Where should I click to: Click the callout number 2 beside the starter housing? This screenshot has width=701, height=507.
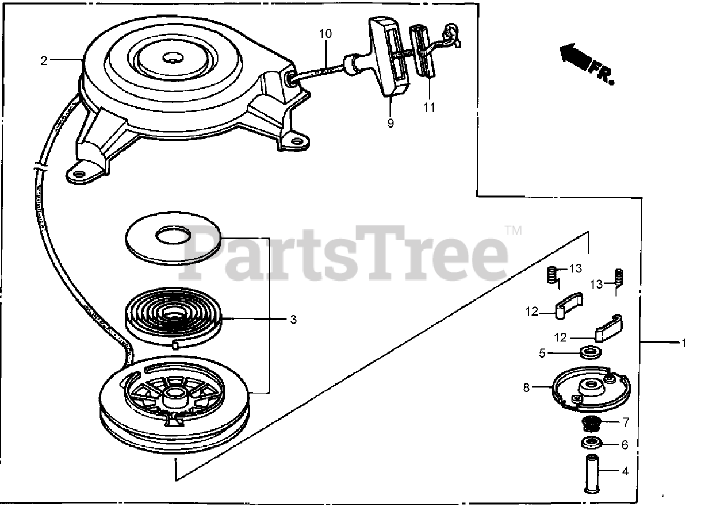44,61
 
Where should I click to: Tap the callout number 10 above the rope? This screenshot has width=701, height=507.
325,34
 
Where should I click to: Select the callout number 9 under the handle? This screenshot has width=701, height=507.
390,123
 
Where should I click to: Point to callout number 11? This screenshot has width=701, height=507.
429,107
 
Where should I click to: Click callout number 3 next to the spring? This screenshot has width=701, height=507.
293,320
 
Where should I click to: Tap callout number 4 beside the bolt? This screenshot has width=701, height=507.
625,472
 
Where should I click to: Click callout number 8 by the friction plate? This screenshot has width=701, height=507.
526,388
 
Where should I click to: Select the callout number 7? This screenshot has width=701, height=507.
625,422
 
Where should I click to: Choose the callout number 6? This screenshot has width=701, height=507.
625,444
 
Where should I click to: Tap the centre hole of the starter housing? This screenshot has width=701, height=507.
172,57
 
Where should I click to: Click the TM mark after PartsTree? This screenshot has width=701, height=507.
514,231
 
